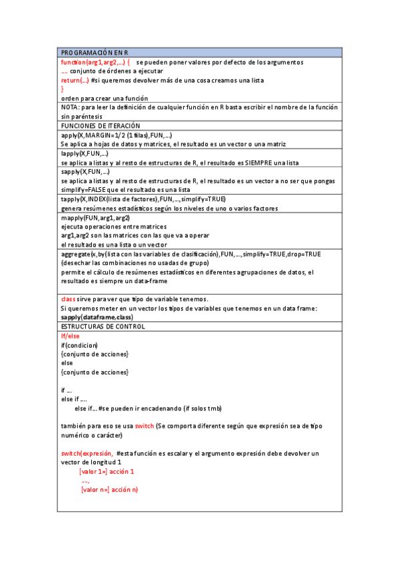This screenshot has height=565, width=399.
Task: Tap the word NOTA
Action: click(x=69, y=107)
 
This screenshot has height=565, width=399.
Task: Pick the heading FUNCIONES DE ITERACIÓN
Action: click(x=101, y=125)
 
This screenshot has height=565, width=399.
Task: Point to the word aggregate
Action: click(x=75, y=254)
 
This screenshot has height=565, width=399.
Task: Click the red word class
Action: click(x=68, y=299)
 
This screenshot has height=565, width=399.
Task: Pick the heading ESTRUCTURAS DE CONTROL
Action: click(x=103, y=326)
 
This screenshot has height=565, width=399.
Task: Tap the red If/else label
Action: click(x=70, y=336)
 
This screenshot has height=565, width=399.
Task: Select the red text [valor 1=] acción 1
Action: click(x=107, y=471)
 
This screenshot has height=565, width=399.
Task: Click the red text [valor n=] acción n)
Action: click(x=109, y=490)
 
